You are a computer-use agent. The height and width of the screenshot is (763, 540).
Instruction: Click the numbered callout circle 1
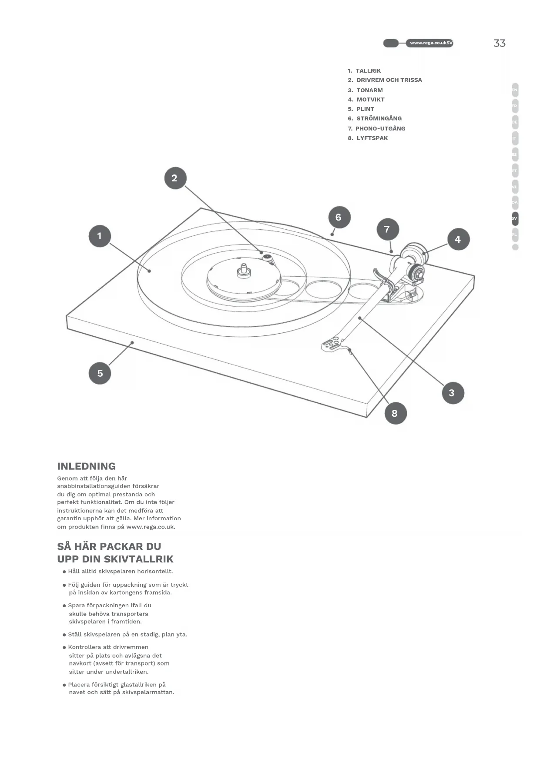point(100,236)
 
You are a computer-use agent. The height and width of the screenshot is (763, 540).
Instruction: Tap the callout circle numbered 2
point(175,178)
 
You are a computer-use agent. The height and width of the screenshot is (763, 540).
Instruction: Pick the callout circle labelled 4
point(458,239)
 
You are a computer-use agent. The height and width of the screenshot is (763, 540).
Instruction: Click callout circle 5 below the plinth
point(100,373)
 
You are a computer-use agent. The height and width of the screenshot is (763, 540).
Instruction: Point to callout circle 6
point(339,217)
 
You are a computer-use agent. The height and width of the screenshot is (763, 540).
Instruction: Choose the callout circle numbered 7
point(387,229)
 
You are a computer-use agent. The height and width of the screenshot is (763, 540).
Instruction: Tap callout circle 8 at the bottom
point(395,413)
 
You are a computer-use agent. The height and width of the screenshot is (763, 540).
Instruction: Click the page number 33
point(500,43)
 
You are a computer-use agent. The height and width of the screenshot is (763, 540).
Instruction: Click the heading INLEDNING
point(87,466)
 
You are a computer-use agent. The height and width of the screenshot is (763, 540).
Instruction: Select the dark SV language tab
point(515,219)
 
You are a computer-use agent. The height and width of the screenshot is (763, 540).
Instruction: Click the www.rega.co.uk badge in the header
point(429,43)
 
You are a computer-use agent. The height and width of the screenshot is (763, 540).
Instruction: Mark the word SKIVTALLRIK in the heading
point(138,559)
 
